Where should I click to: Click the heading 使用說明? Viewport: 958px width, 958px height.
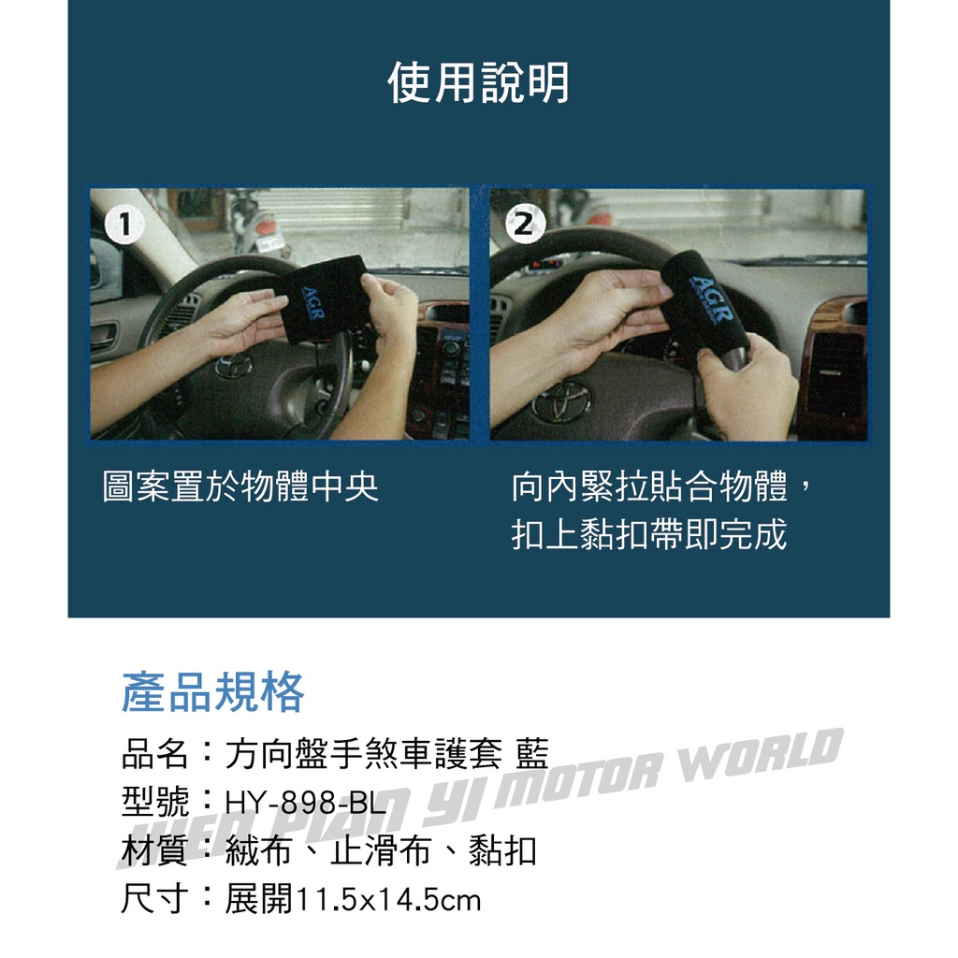[478, 83]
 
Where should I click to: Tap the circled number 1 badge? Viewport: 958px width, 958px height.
[124, 225]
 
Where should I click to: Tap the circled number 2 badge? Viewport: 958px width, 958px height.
[525, 224]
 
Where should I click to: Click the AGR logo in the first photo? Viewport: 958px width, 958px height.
[312, 302]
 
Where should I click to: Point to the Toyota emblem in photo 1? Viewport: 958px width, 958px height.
[233, 366]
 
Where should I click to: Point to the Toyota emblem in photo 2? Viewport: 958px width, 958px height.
[561, 400]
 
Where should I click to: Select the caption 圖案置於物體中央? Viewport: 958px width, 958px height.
[240, 486]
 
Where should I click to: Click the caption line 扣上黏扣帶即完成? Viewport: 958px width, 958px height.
[649, 534]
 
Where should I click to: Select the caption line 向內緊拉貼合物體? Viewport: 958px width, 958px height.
[649, 486]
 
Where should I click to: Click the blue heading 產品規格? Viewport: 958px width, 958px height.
[212, 691]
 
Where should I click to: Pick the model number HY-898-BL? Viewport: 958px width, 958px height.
[306, 803]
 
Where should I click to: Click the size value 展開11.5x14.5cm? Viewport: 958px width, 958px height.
[353, 899]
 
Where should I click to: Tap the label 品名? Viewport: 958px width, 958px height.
[154, 753]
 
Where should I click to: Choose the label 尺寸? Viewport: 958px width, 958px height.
[154, 899]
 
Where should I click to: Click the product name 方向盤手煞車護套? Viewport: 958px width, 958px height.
[364, 753]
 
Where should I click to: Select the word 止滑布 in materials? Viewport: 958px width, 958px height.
[381, 851]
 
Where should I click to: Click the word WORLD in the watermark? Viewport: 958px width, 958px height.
[762, 755]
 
